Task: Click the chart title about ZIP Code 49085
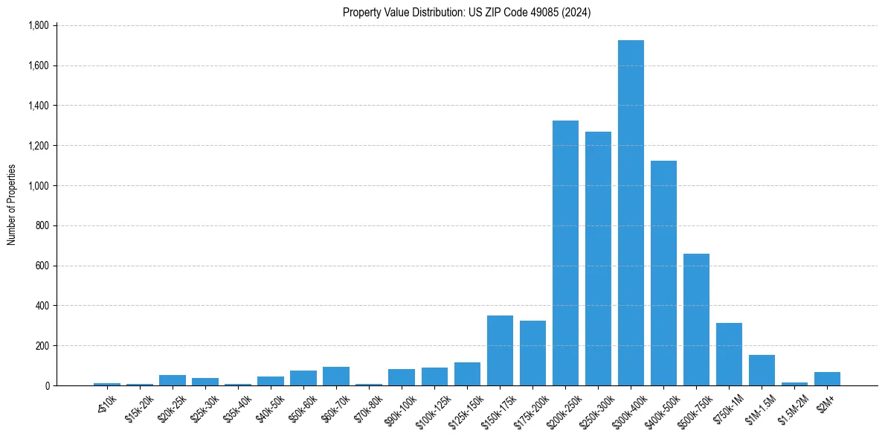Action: click(x=466, y=13)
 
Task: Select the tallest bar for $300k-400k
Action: click(x=631, y=213)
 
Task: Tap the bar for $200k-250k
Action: click(x=565, y=253)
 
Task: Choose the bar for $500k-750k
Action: click(x=696, y=320)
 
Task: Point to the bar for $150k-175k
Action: click(x=500, y=350)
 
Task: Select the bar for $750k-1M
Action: click(x=729, y=354)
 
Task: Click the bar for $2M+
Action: click(x=827, y=379)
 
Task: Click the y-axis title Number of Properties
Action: click(x=12, y=205)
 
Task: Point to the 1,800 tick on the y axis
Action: click(x=38, y=25)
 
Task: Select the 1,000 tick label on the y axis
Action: click(x=38, y=185)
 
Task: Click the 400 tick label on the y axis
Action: click(x=42, y=306)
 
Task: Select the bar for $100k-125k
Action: click(x=434, y=376)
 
